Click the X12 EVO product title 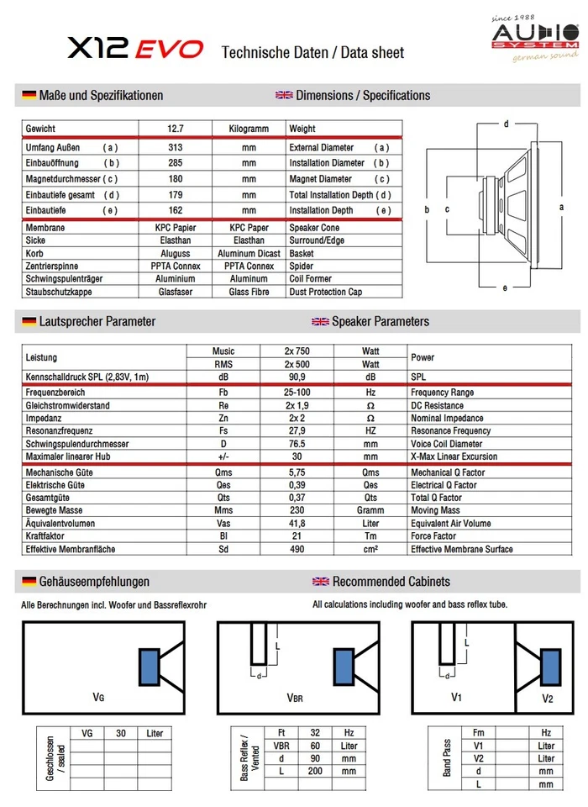135,50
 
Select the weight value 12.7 176,129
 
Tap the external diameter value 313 176,147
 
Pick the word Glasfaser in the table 176,292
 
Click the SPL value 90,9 297,377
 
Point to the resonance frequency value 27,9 297,430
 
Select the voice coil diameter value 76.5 297,444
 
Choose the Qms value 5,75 297,472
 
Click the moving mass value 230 297,510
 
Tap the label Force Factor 433,536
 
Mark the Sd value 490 297,549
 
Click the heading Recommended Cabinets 391,581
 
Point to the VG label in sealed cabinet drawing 98,697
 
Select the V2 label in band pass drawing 547,699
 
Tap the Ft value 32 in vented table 315,733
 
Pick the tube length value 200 315,771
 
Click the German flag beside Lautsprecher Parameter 29,321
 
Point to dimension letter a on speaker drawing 560,206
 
